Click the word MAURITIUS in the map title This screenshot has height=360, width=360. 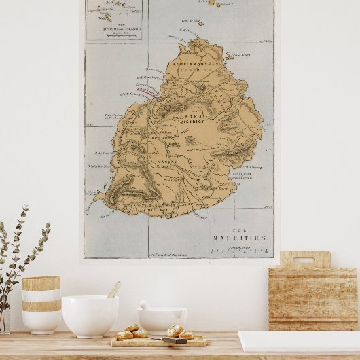tap(240, 238)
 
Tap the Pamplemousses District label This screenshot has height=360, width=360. tap(196, 65)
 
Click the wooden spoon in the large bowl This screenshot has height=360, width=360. tap(113, 289)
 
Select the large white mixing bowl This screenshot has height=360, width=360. tap(90, 315)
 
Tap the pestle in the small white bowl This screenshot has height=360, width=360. tap(145, 305)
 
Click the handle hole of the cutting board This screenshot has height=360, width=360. tap(304, 260)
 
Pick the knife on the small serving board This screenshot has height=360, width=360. tap(175, 340)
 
